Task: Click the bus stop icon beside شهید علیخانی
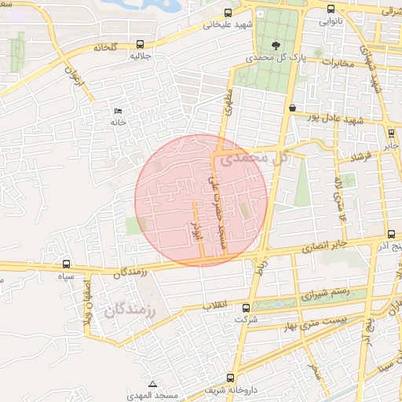tap(228, 13)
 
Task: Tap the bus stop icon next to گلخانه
tap(140, 45)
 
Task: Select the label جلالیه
tap(140, 57)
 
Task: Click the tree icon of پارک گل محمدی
tap(275, 46)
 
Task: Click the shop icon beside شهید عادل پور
tap(292, 108)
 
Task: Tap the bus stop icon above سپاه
tap(66, 265)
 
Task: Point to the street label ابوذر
tap(197, 228)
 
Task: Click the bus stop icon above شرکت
tap(247, 309)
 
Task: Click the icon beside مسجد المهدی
tap(152, 384)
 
